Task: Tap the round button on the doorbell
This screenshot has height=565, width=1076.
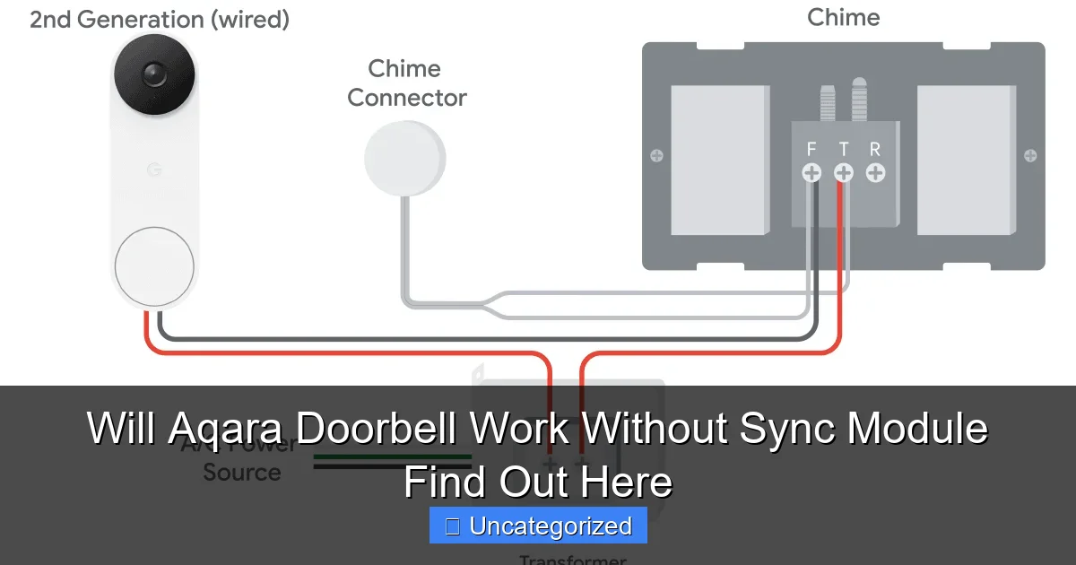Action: [154, 266]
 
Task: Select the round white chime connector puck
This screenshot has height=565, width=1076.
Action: [404, 159]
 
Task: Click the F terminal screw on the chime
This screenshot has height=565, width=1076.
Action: [811, 173]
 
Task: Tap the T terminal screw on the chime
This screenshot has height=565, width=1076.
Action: [844, 173]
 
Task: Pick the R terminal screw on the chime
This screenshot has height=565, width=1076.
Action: [876, 173]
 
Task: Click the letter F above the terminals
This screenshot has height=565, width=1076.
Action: [811, 149]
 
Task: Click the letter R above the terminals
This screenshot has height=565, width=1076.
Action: [875, 149]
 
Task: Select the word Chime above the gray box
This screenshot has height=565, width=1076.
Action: [843, 17]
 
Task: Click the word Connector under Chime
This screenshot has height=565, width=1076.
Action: [407, 98]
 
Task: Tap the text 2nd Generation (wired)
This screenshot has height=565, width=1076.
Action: [160, 20]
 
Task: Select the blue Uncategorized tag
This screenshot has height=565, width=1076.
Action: [538, 526]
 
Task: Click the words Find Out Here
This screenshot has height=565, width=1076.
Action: [538, 482]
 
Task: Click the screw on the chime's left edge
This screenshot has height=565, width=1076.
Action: [656, 156]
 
